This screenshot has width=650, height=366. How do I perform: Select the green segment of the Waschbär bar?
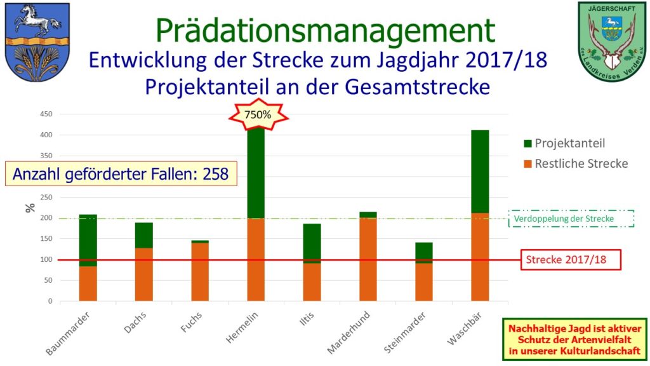click(x=480, y=171)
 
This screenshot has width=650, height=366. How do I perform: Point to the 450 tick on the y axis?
click(x=46, y=114)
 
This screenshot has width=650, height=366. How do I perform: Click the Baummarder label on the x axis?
click(x=68, y=332)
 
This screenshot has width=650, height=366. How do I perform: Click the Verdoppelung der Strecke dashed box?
click(x=573, y=219)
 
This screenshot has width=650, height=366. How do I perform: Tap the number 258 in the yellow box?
click(x=215, y=173)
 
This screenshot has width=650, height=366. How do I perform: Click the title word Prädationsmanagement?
click(x=324, y=30)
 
